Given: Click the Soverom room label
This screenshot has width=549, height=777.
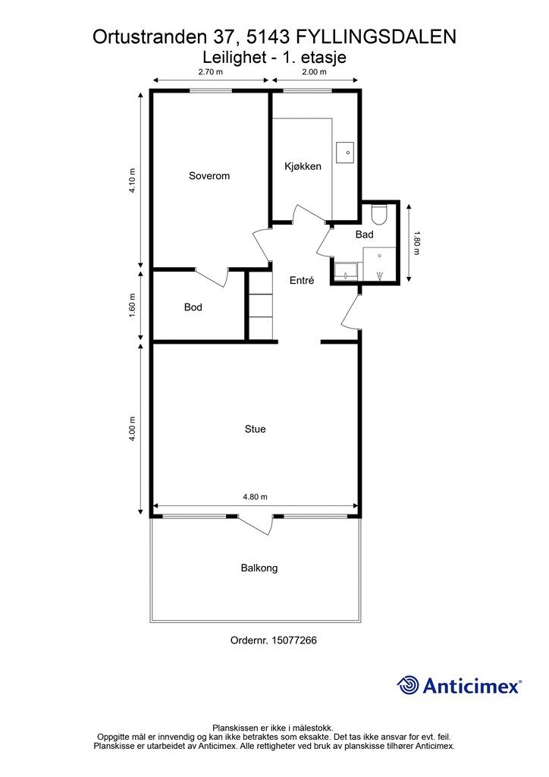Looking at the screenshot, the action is coord(209,176).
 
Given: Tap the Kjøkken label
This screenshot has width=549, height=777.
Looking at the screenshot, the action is coord(303,166).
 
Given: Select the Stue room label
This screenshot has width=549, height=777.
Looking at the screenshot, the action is coord(255,429).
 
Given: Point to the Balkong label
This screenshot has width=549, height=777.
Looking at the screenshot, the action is coord(259,568).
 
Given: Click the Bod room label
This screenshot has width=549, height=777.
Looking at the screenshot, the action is coord(193,307).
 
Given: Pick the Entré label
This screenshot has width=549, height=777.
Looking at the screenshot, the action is coord(302,281).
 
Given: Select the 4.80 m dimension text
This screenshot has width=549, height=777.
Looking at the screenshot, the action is coord(255,497).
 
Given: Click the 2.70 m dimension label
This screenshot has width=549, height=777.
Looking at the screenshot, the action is coord(210,72).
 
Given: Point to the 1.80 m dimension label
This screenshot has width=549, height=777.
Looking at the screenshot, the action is coord(416,243).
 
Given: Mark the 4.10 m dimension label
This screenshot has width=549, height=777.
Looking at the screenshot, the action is coord(132,181).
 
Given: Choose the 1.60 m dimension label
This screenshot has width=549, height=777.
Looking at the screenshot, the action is coord(132,307).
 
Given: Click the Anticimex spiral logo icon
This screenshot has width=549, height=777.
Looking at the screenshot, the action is coord(408,685).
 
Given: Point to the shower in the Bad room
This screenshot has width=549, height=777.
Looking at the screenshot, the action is coord(380,265).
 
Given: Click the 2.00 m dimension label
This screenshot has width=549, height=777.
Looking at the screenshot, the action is coord(315,72).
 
